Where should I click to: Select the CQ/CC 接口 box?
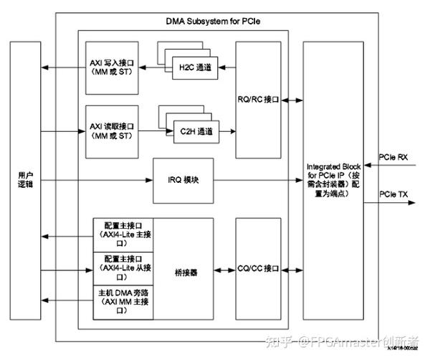click(x=258, y=268)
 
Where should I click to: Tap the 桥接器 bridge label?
click(x=186, y=273)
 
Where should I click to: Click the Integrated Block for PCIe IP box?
click(x=333, y=179)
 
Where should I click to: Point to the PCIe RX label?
click(x=393, y=156)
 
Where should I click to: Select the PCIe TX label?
click(x=393, y=194)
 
